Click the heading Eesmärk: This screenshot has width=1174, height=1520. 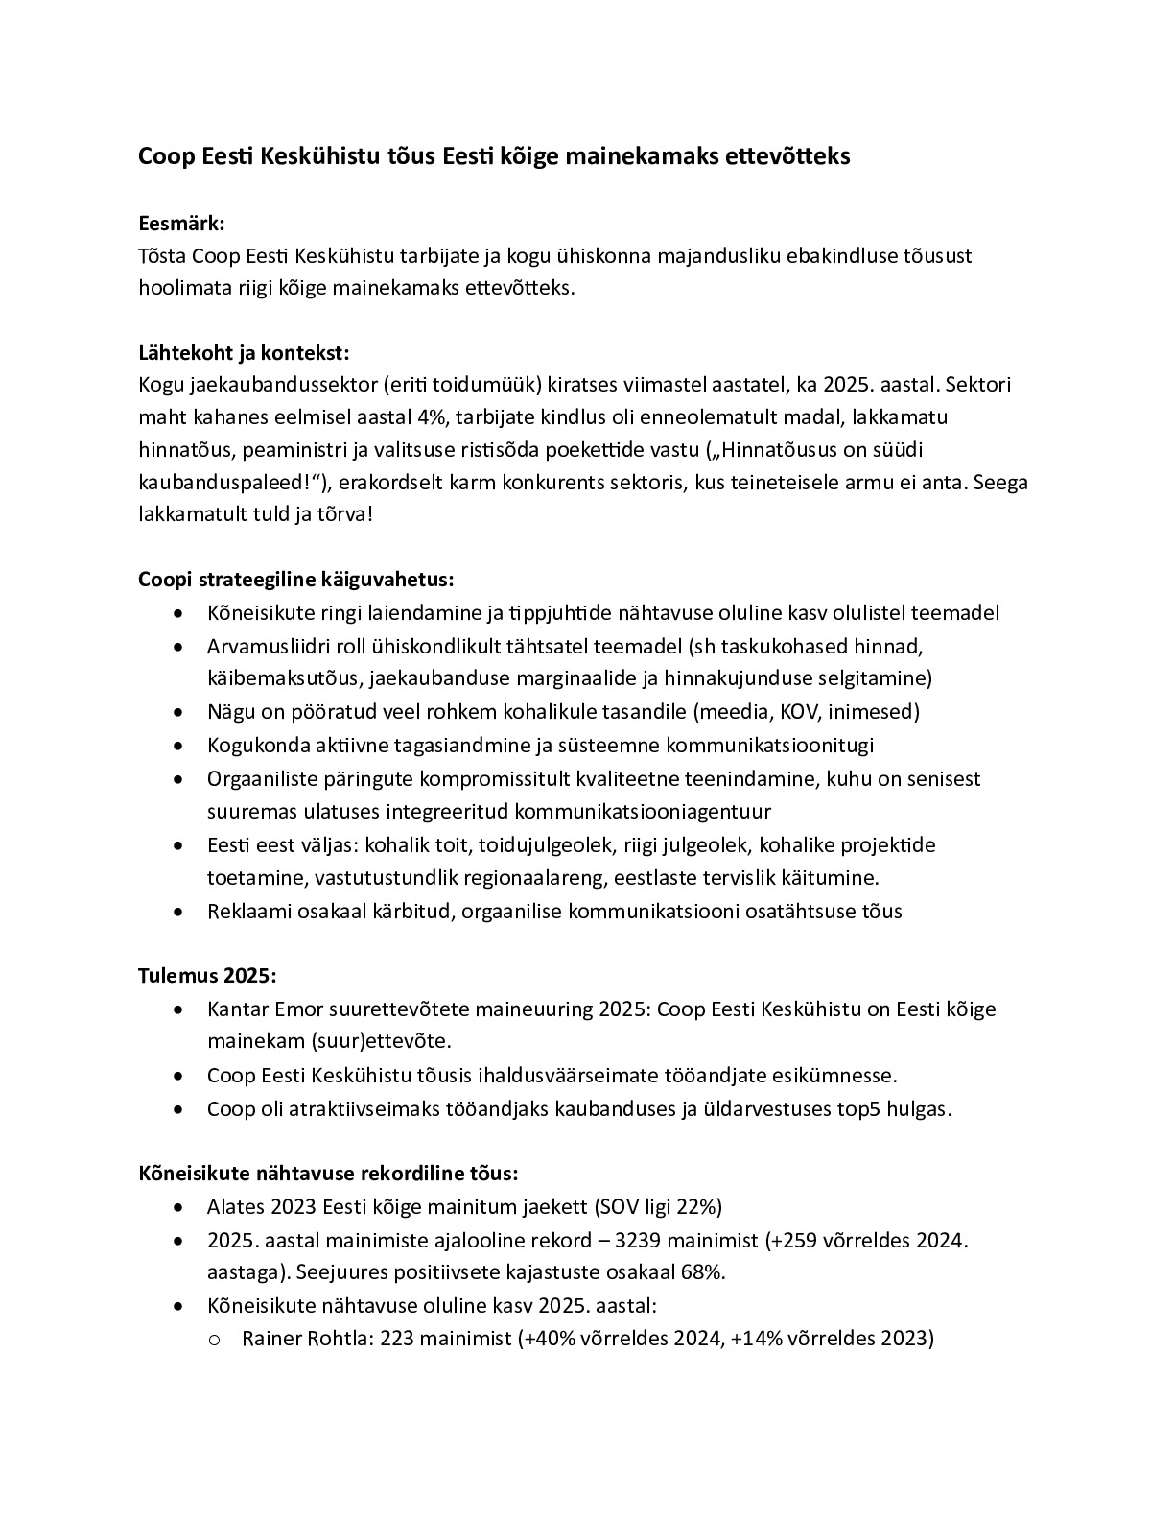coord(181,224)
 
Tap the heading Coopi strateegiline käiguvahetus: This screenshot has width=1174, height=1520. coord(295,580)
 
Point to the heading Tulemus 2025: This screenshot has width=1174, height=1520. coord(207,976)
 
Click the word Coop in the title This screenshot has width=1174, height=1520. coord(165,156)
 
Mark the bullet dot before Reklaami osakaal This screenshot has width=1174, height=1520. coord(177,912)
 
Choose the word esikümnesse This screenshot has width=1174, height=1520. coord(836,1076)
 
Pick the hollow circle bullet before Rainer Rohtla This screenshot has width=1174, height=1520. coord(214,1340)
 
